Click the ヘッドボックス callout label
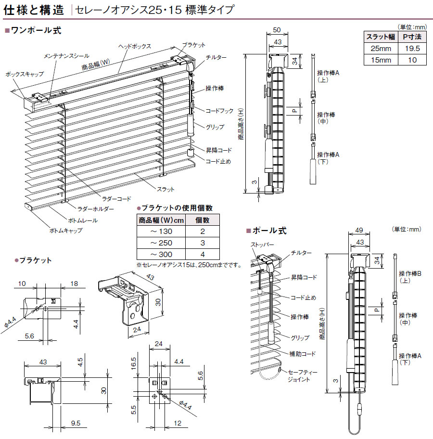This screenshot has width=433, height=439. (135, 46)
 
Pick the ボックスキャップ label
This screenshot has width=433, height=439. (25, 74)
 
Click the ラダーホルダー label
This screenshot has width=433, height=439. (96, 209)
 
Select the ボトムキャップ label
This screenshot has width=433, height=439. (65, 231)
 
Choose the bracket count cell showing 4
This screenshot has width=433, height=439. (203, 254)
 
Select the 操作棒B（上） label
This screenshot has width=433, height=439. (410, 277)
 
